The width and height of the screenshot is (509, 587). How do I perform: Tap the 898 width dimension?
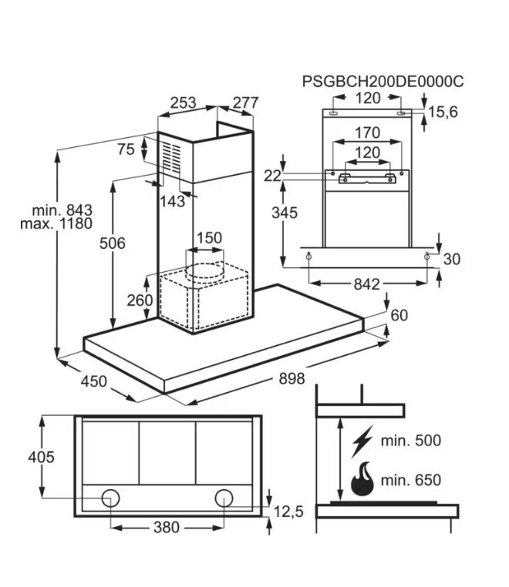292,378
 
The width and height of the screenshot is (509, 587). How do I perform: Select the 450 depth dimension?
94,380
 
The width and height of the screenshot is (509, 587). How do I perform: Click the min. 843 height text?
62,210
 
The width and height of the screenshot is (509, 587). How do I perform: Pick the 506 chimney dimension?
113,243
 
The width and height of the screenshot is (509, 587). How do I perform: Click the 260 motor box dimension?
140,300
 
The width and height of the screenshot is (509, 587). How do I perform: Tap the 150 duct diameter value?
208,238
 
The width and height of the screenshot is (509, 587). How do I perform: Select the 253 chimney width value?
184,102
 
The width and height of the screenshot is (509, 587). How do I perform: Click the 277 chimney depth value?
244,102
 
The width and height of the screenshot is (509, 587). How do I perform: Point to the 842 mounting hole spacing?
367,284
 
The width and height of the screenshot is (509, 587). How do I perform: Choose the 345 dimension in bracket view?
285,213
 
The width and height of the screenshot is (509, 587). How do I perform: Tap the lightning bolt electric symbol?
360,442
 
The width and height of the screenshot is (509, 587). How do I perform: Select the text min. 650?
411,481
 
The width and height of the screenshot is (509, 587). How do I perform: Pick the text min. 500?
411,441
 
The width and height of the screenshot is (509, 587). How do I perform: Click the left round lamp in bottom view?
111,497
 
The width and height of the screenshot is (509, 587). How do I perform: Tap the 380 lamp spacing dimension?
167,528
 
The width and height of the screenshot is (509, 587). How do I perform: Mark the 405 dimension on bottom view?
41,458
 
